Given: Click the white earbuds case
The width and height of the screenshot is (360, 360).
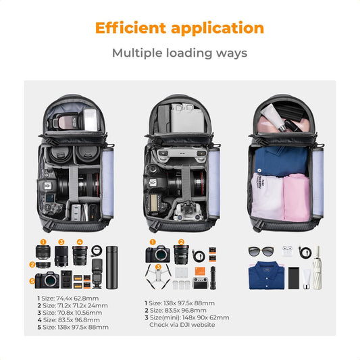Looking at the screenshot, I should (x=288, y=251).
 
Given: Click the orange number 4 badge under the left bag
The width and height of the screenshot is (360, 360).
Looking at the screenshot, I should (x=79, y=242).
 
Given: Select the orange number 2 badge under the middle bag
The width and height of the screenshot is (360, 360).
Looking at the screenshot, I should (x=180, y=242).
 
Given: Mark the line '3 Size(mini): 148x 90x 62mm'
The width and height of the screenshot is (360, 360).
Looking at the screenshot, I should (x=186, y=317).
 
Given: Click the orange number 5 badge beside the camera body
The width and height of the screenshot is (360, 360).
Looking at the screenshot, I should (x=31, y=281).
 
